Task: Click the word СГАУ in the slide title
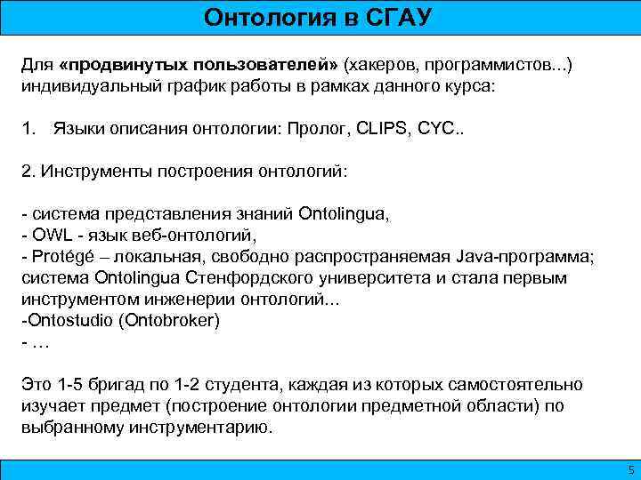(398, 18)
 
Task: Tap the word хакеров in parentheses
(383, 67)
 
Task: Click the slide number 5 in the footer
(630, 469)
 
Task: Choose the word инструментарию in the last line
(210, 427)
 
